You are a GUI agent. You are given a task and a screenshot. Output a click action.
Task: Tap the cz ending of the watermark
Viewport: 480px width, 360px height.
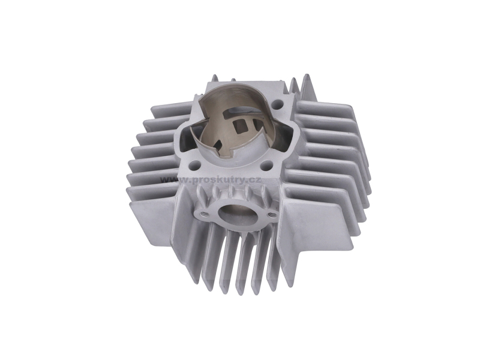pyautogui.click(x=254, y=179)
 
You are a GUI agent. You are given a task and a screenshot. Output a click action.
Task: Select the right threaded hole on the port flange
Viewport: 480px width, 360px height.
pyautogui.click(x=271, y=215)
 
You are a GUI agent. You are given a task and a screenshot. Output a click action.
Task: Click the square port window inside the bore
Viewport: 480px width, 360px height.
pyautogui.click(x=239, y=125)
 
